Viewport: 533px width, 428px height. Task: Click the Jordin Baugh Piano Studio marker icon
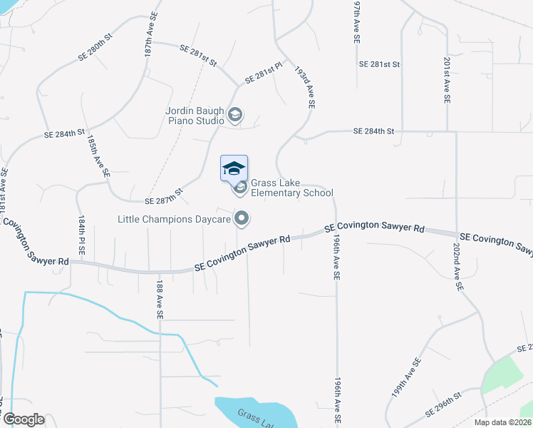coord(235,114)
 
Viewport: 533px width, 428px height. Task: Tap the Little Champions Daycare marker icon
coord(242,218)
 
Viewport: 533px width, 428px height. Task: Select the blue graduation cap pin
coord(234,168)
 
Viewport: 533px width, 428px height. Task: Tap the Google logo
coord(23,419)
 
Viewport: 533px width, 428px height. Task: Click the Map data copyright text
coord(503,422)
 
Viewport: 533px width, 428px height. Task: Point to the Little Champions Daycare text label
coord(175,219)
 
